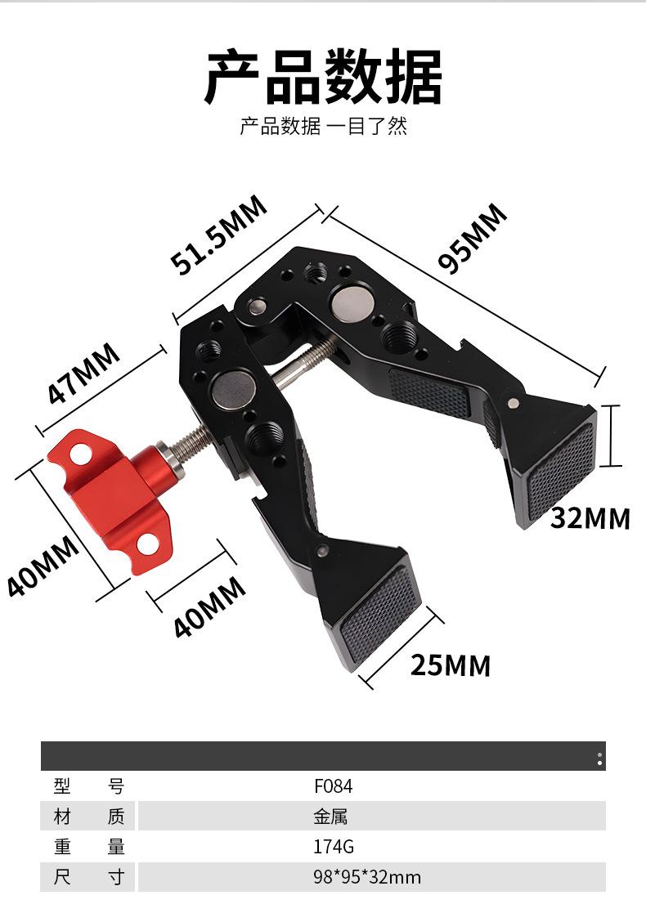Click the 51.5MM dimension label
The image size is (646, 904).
218,234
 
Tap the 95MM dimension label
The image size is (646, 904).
473,237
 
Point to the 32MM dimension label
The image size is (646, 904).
590,517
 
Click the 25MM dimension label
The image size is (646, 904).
451,665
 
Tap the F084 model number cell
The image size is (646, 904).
333,785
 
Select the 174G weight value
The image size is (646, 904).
334,846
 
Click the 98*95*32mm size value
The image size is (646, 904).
367,877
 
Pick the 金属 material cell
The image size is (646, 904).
330,817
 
